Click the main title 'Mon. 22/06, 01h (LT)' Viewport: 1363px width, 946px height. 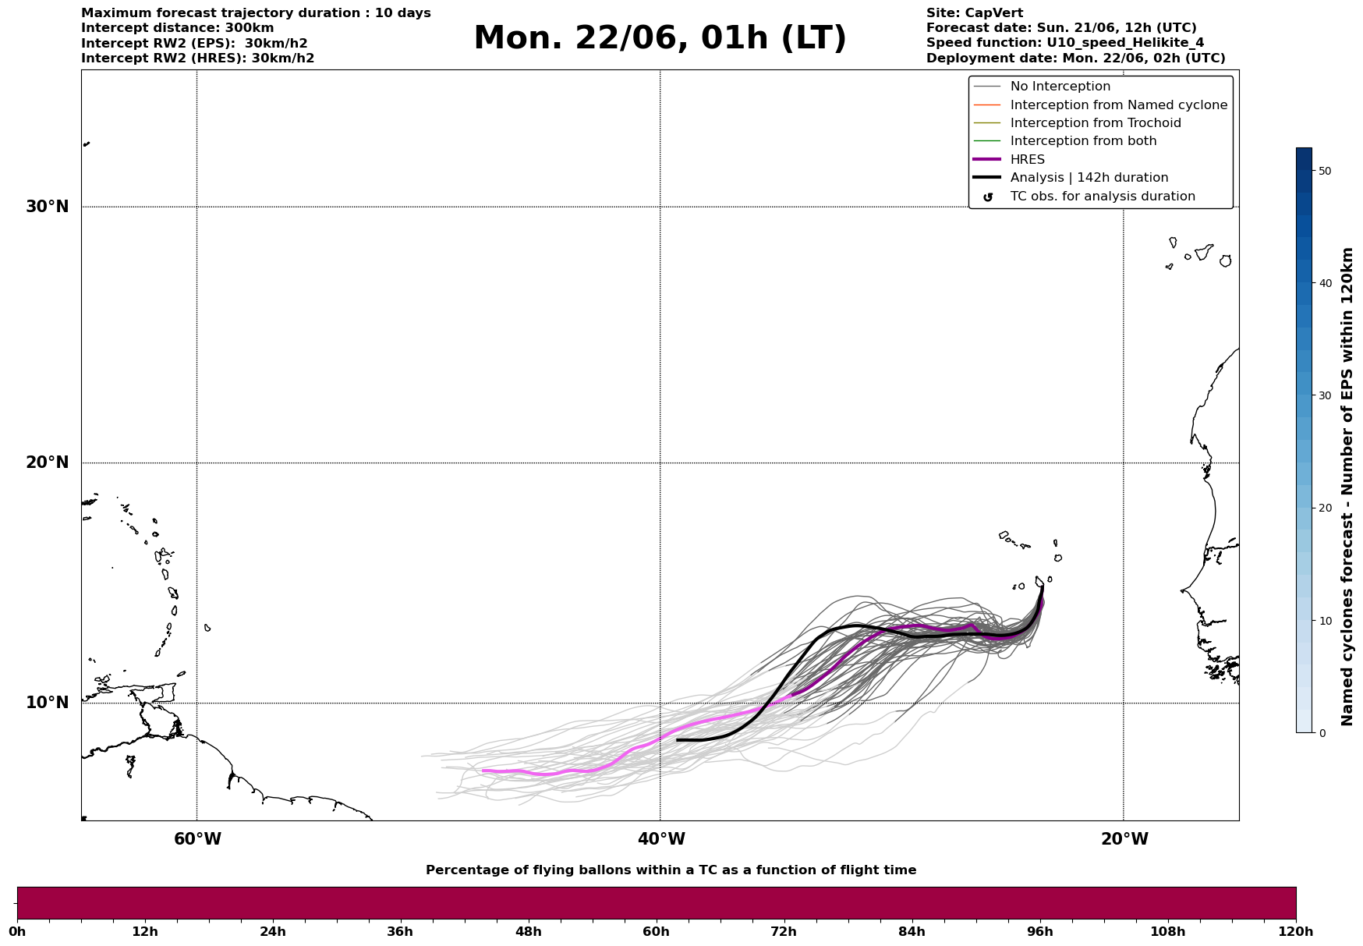[x=660, y=38]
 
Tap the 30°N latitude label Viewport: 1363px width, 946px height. [x=48, y=207]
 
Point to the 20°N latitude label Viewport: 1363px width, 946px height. [x=48, y=462]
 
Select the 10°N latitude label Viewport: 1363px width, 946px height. [x=48, y=703]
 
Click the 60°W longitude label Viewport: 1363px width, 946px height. [x=197, y=839]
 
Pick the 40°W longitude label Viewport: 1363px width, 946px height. [x=661, y=839]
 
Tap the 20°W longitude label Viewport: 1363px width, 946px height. [x=1124, y=839]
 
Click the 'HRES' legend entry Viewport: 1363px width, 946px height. [x=1028, y=160]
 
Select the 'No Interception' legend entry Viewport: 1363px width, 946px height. [x=1060, y=87]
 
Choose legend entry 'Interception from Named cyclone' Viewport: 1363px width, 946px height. [x=1119, y=105]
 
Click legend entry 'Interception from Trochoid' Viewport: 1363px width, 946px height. [x=1096, y=123]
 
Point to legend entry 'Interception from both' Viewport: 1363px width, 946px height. [x=1084, y=141]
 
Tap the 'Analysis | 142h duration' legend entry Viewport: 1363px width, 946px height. [x=1089, y=178]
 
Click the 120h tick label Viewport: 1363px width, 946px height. [x=1294, y=932]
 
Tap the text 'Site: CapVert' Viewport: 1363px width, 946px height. [x=975, y=13]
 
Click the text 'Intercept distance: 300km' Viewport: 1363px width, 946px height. [x=178, y=28]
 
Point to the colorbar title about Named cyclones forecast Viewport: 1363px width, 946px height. [x=1347, y=487]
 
